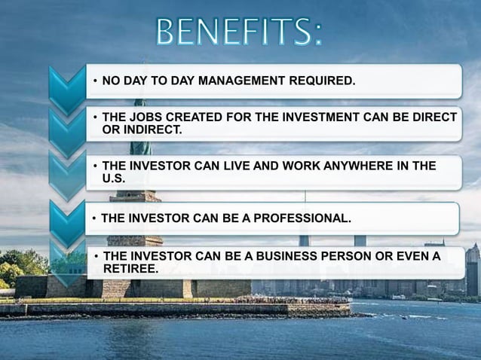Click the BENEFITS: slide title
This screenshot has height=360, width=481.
(x=240, y=32)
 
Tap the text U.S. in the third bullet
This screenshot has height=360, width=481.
(x=113, y=178)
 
